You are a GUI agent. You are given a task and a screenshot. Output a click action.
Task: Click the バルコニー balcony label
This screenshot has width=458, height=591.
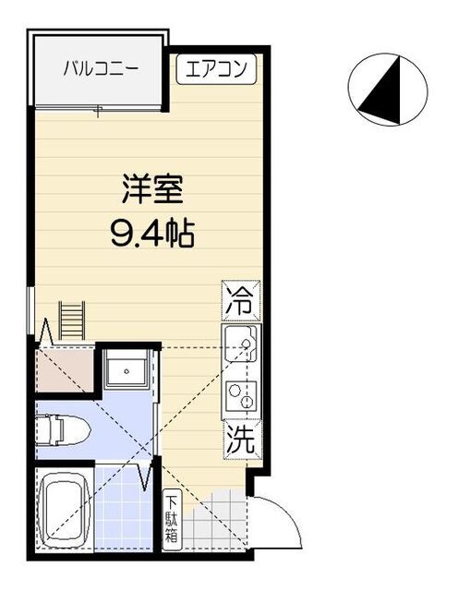pos(101,68)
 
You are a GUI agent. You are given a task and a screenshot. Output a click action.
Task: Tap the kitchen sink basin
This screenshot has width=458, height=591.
pos(242,347)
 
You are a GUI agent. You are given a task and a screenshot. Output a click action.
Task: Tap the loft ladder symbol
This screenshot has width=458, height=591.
pos(72,322)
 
